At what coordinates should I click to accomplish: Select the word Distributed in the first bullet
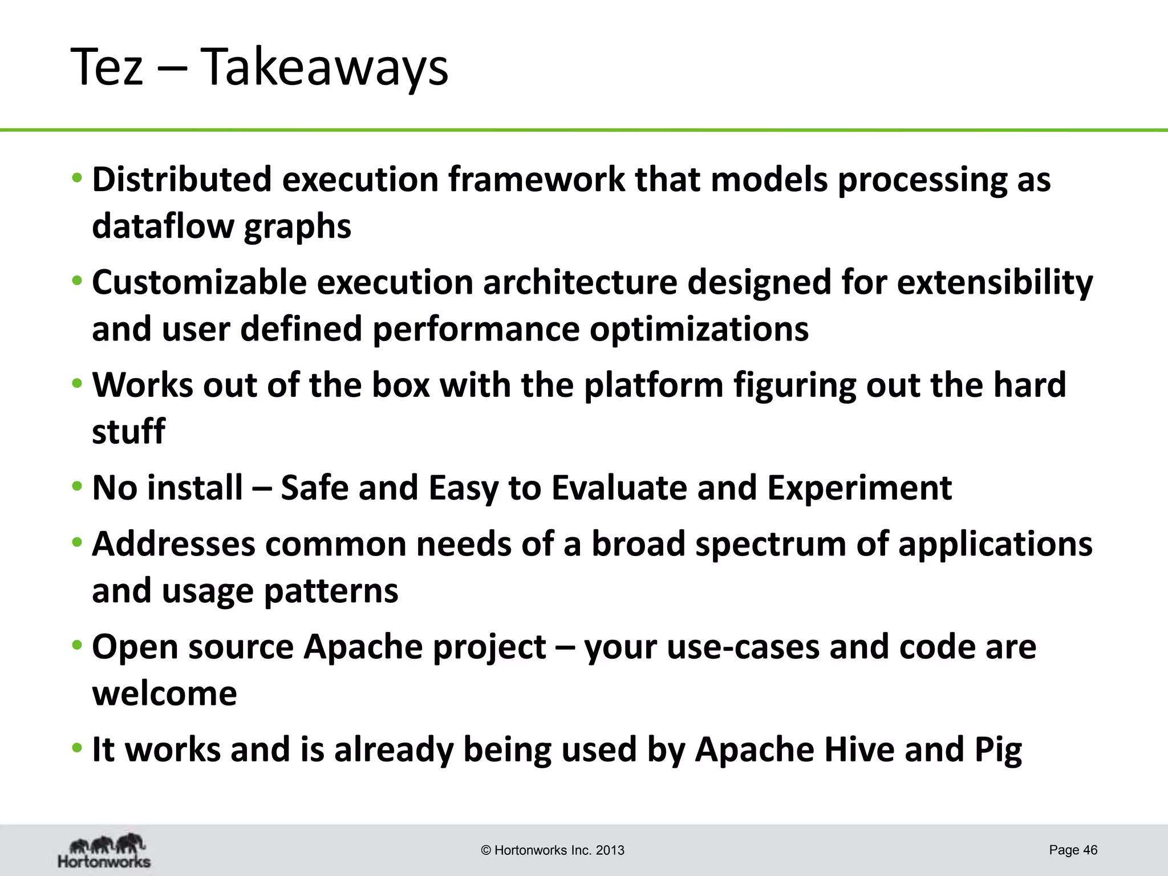pyautogui.click(x=182, y=180)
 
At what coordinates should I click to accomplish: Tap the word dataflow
pyautogui.click(x=163, y=226)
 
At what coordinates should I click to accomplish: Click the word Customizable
pyautogui.click(x=199, y=283)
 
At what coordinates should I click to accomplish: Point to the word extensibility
pyautogui.click(x=995, y=283)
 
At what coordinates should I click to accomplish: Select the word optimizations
pyautogui.click(x=699, y=329)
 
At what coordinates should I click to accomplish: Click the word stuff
pyautogui.click(x=128, y=431)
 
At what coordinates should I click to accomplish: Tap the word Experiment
pyautogui.click(x=859, y=488)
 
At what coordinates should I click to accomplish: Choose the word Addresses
pyautogui.click(x=173, y=544)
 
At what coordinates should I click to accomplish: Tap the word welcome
pyautogui.click(x=164, y=693)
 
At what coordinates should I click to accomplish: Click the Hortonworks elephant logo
pyautogui.click(x=104, y=851)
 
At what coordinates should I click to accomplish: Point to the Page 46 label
pyautogui.click(x=1073, y=850)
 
